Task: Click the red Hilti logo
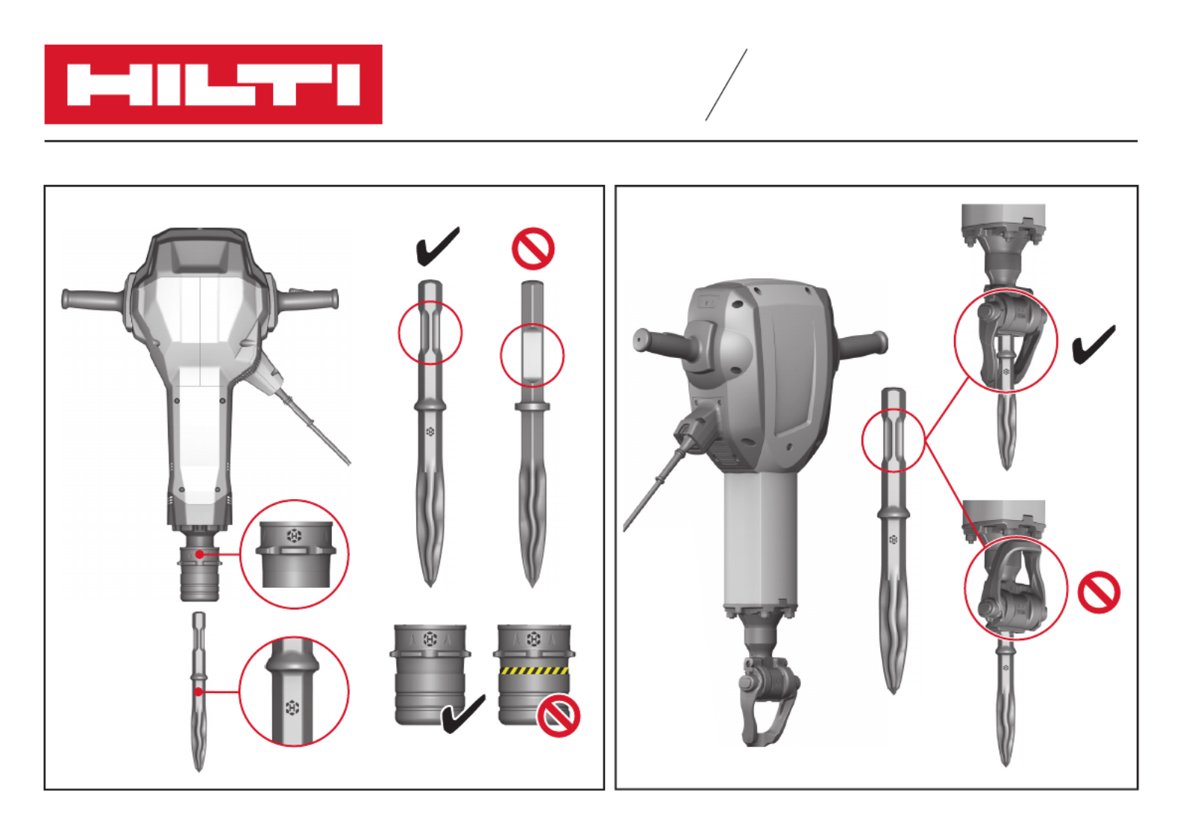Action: (213, 84)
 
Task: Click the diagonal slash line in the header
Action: (727, 85)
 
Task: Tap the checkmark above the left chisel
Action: (438, 247)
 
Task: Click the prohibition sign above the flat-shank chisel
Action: (533, 248)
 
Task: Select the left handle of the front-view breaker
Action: (94, 298)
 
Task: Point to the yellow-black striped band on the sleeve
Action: (534, 671)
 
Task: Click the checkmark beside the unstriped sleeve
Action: (463, 714)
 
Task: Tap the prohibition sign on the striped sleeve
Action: (558, 717)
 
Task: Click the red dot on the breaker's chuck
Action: (199, 554)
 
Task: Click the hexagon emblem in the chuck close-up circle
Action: (294, 536)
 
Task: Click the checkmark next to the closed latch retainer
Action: (1093, 345)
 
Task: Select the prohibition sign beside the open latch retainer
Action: (1099, 592)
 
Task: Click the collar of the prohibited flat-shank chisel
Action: (533, 406)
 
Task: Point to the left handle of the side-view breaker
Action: (663, 343)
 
